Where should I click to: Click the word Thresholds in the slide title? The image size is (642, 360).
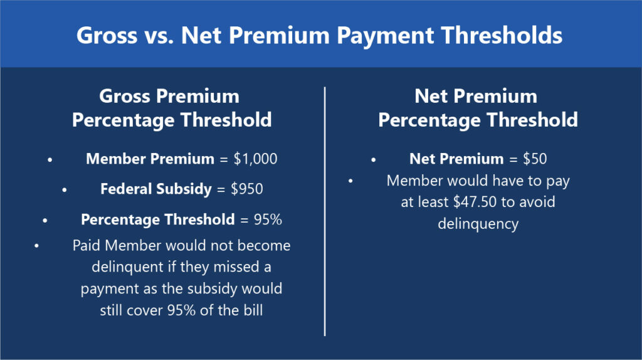[x=502, y=35]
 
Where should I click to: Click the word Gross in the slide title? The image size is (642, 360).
[x=107, y=35]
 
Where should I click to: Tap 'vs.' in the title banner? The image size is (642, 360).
[x=159, y=36]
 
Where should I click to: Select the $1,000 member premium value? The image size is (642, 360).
[x=255, y=159]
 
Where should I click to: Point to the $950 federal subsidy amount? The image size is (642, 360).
[x=247, y=189]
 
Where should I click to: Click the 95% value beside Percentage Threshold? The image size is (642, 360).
[x=268, y=220]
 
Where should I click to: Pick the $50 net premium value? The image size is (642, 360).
[x=535, y=159]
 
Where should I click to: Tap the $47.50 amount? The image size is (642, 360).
[x=475, y=202]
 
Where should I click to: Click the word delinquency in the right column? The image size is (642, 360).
[x=478, y=224]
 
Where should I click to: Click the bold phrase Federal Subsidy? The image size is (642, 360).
[x=156, y=189]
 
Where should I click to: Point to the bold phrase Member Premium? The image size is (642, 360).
[x=150, y=159]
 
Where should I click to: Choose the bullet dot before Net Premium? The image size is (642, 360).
[x=374, y=160]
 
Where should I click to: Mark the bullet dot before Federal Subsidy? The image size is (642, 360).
[x=65, y=190]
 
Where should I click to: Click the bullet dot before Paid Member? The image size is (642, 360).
[x=36, y=246]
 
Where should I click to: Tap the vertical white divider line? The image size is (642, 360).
[x=325, y=211]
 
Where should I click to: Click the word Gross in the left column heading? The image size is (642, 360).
[x=125, y=97]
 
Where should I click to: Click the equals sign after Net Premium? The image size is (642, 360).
[x=513, y=159]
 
